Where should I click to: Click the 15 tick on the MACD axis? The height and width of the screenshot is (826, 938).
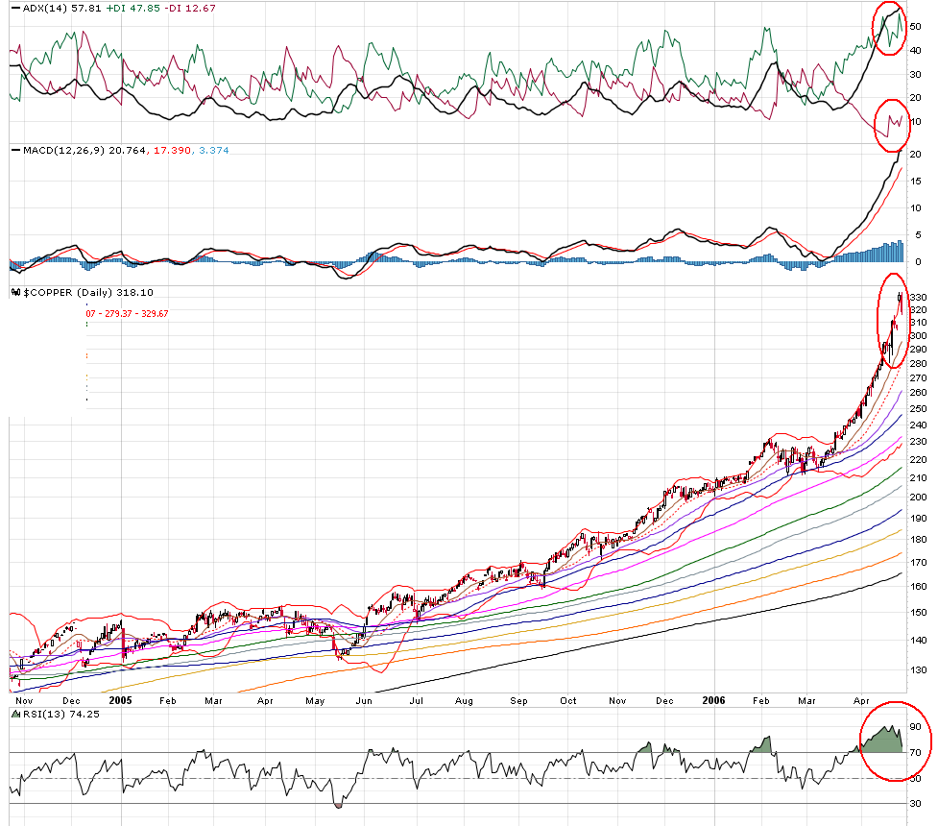[x=916, y=181]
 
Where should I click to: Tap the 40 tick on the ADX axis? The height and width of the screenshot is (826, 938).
[x=916, y=50]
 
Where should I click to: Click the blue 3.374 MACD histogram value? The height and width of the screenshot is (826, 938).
[x=238, y=151]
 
